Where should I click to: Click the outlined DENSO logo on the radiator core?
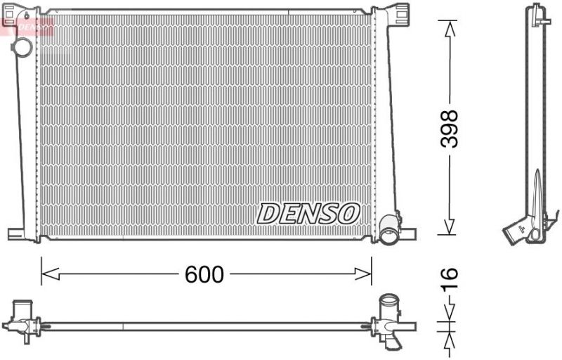(308, 212)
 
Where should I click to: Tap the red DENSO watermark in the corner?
(31, 27)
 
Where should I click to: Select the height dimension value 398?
(449, 128)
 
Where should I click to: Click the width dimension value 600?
(204, 275)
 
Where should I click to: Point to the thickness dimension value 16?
(449, 279)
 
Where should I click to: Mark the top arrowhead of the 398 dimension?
(448, 27)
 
